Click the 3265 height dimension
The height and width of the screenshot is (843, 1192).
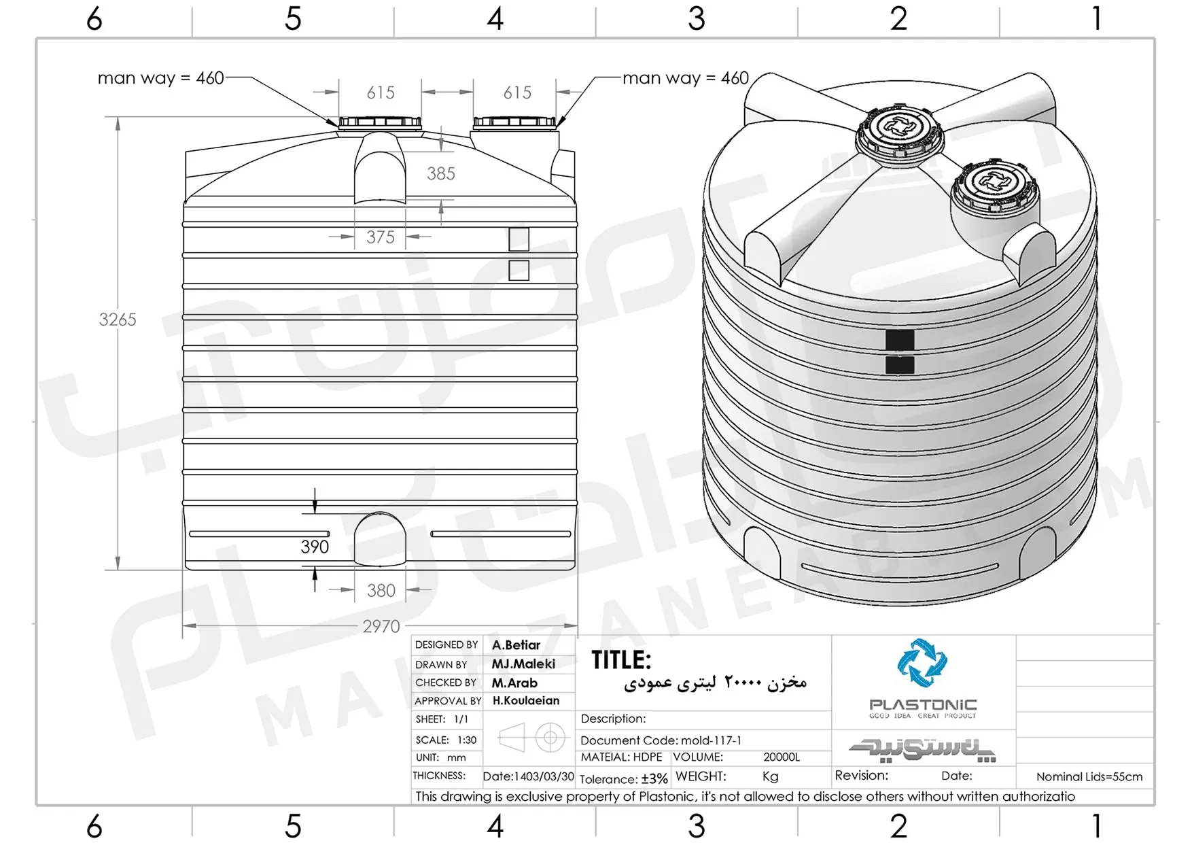coord(118,320)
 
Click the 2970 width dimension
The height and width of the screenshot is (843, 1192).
coord(381,626)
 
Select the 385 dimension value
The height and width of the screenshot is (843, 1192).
coord(441,174)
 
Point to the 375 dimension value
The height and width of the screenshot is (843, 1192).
coord(381,237)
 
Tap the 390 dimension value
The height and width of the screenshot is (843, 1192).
coord(315,547)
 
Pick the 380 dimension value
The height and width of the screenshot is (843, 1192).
coord(381,591)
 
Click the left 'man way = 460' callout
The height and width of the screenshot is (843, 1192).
coord(161,78)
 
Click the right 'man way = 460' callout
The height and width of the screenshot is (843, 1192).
coord(686,78)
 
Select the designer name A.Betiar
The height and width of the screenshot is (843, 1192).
coord(516,645)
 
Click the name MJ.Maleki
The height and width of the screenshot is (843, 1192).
coord(523,664)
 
